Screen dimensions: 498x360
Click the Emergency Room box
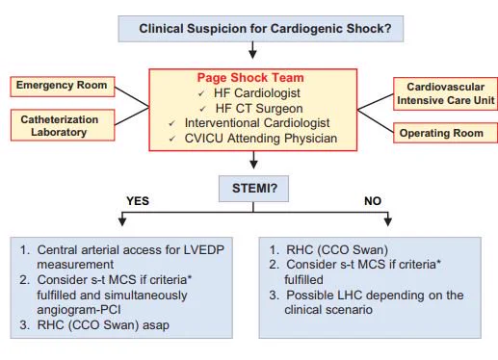click(x=63, y=87)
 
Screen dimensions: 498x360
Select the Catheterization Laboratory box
click(x=63, y=125)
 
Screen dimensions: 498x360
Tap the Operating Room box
click(x=445, y=133)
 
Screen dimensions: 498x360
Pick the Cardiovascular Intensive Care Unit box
click(x=445, y=93)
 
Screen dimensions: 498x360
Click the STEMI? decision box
click(x=253, y=189)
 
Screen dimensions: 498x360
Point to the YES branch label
click(x=138, y=201)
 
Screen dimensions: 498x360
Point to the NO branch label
click(x=373, y=201)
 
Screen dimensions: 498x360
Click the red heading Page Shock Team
click(x=250, y=78)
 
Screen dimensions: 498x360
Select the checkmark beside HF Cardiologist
click(x=201, y=93)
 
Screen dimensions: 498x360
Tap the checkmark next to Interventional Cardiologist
click(x=172, y=123)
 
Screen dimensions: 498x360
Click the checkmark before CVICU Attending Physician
click(x=172, y=139)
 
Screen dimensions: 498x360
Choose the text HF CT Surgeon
click(x=259, y=109)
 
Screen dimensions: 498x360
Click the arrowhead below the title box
click(x=253, y=54)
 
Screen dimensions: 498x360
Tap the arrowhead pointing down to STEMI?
click(x=253, y=165)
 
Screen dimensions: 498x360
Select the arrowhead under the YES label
click(x=122, y=221)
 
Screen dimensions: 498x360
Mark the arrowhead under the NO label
click(x=388, y=221)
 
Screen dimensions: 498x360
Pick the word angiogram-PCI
click(x=79, y=310)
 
